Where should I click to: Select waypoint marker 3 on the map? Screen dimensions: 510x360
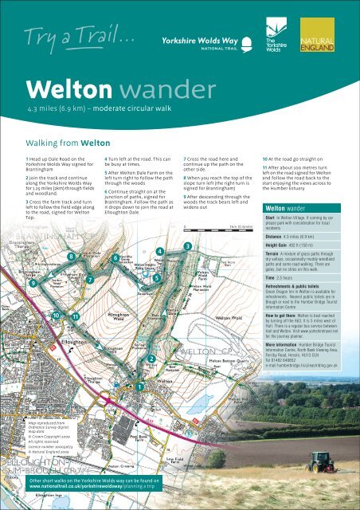pyautogui.click(x=187, y=248)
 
